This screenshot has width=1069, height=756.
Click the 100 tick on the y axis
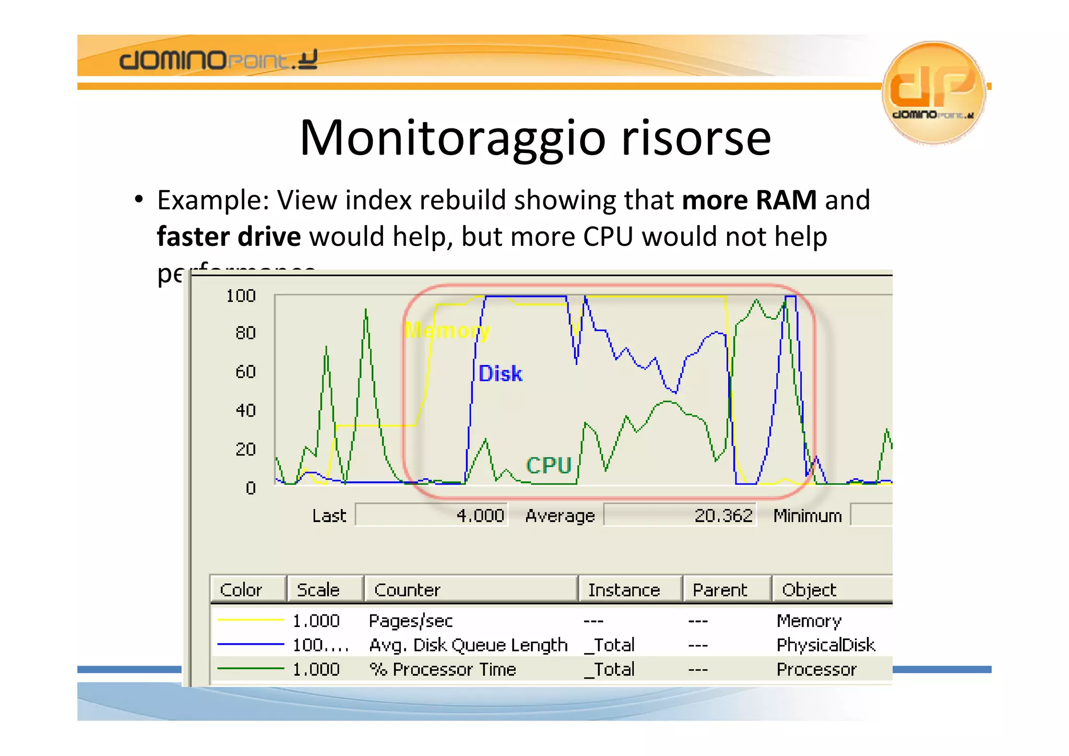(x=241, y=296)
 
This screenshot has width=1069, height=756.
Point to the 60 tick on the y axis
(x=245, y=372)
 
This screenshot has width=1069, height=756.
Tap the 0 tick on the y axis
(x=251, y=488)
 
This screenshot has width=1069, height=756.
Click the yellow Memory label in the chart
(x=447, y=330)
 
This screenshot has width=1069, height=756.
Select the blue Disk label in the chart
(x=500, y=374)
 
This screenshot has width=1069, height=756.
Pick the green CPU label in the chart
(x=549, y=465)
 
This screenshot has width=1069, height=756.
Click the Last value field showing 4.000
(x=432, y=515)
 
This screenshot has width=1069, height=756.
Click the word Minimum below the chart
(x=807, y=516)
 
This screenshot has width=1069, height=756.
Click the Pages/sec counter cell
(x=411, y=621)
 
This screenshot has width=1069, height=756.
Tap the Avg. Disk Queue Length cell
(x=468, y=645)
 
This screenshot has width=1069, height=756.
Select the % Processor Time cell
(x=443, y=669)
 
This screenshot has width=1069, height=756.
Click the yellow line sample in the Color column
(x=250, y=620)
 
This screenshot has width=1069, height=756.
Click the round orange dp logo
(x=933, y=92)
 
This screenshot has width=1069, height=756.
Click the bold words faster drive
(x=229, y=237)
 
